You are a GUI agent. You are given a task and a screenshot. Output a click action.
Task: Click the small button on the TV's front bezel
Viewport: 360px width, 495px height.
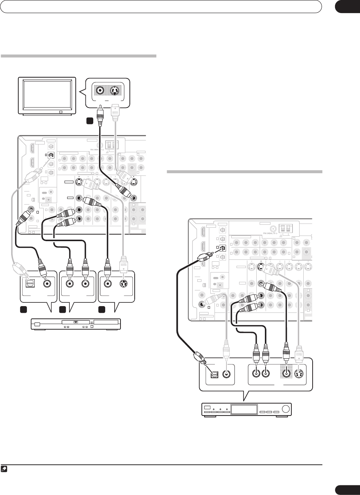[60, 112]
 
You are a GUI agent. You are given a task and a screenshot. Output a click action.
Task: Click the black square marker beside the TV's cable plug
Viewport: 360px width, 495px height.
[90, 121]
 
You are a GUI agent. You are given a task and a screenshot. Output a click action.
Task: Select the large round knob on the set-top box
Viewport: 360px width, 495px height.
[285, 409]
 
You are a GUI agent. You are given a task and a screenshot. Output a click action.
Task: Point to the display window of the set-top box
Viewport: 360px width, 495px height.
[244, 409]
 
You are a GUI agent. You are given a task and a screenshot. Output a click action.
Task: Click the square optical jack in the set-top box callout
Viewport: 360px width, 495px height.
[214, 374]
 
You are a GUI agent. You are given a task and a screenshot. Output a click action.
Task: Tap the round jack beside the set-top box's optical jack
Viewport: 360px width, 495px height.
[226, 374]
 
